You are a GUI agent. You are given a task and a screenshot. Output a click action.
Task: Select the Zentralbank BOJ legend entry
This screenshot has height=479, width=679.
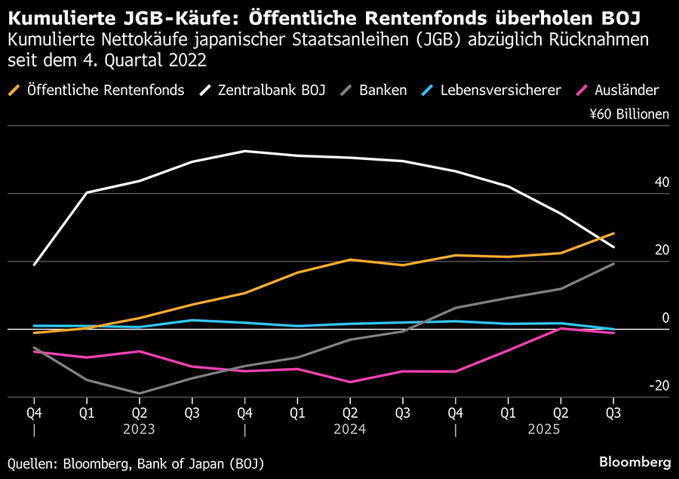pyautogui.click(x=272, y=91)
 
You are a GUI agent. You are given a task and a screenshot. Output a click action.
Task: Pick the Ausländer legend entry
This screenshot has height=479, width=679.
pyautogui.click(x=625, y=91)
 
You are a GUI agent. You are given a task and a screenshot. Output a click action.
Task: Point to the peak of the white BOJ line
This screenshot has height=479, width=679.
pyautogui.click(x=244, y=151)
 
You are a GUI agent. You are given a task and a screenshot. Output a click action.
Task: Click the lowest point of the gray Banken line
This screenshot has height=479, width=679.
pyautogui.click(x=139, y=393)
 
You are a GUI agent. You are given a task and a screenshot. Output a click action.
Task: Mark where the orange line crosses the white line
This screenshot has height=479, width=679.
pyautogui.click(x=598, y=239)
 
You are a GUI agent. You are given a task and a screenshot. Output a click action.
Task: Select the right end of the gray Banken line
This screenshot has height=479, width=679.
pyautogui.click(x=613, y=263)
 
